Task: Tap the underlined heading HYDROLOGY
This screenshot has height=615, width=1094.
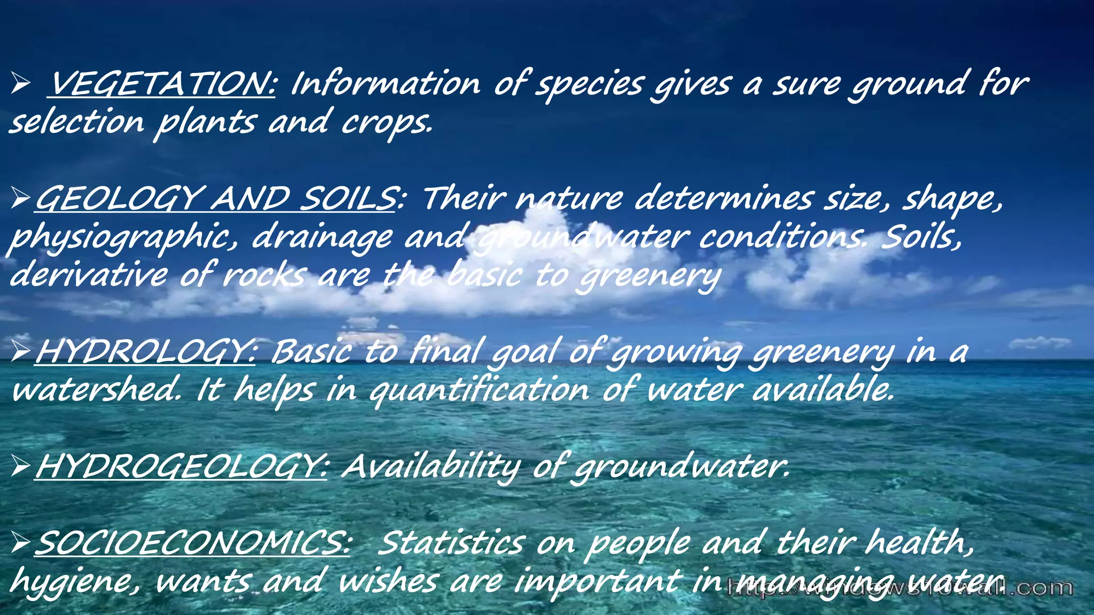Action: coord(145,352)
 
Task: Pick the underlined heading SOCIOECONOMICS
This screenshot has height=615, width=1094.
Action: coord(192,543)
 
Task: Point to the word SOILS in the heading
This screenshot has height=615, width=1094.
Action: coord(347,199)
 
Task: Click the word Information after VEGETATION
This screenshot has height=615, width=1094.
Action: coord(385,84)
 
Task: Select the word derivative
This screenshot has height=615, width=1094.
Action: coord(88,275)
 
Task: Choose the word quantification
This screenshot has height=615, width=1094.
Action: coord(479,390)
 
